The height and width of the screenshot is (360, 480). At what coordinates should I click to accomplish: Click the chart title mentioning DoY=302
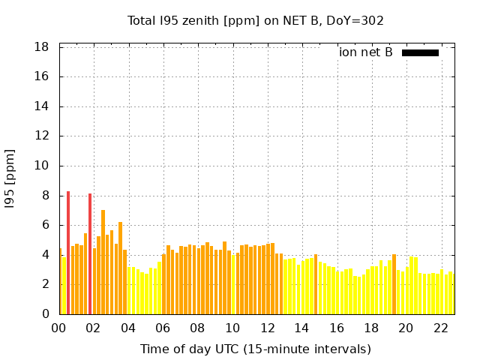[256, 21]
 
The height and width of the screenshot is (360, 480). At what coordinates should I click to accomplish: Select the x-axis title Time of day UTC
[256, 349]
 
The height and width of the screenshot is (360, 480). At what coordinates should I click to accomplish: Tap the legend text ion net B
[366, 52]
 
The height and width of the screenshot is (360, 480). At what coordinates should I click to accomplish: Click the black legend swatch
[420, 52]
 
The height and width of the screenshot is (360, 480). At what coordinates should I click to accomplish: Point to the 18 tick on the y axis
[42, 47]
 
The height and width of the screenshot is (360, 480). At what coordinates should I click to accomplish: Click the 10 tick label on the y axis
[42, 166]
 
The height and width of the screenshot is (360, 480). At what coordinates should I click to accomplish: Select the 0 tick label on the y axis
[46, 314]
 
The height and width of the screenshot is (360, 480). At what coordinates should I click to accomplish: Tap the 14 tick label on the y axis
[42, 106]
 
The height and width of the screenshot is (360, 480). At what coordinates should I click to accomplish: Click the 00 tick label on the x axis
[59, 328]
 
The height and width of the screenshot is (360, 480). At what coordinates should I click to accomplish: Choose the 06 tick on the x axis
[163, 328]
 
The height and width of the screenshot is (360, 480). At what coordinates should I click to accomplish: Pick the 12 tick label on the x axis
[267, 328]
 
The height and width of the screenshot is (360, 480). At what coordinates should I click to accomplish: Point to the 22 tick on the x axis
[441, 328]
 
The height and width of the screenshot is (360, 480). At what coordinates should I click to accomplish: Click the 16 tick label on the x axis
[337, 328]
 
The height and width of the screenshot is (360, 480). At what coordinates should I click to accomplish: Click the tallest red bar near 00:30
[68, 253]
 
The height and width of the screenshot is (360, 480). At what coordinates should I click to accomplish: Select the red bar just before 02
[90, 254]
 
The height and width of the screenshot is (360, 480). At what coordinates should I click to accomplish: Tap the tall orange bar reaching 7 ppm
[103, 262]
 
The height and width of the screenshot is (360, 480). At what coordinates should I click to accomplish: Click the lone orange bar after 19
[394, 284]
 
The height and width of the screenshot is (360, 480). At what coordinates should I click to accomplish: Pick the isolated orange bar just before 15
[316, 284]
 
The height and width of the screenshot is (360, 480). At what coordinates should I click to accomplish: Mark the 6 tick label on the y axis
[46, 225]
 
